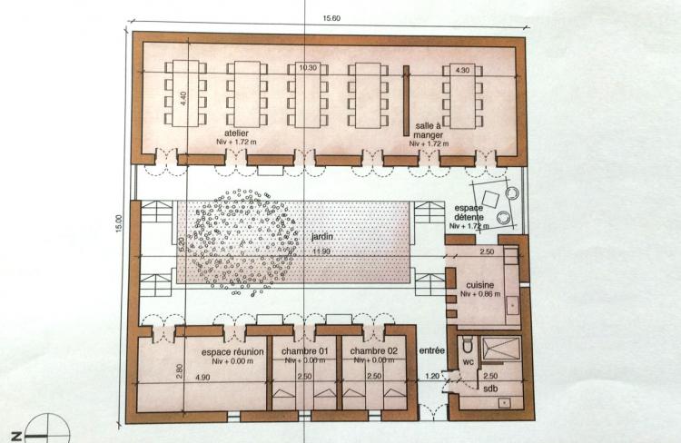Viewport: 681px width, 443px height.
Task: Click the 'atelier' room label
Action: [x=236, y=133]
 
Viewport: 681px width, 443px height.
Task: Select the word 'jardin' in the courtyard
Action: [x=322, y=237]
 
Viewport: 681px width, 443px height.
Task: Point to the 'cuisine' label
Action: [x=480, y=285]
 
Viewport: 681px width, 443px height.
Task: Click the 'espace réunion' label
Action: [x=232, y=352]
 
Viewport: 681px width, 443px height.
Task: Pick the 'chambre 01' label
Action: [x=305, y=351]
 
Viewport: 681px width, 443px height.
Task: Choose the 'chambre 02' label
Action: [x=374, y=351]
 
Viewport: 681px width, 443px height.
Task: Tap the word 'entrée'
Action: [x=431, y=350]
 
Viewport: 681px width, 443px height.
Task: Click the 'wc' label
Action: [x=468, y=362]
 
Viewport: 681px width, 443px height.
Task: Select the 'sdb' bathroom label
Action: [x=490, y=389]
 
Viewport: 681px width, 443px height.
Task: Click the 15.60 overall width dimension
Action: [x=331, y=18]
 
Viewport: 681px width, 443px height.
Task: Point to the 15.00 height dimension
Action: [x=120, y=224]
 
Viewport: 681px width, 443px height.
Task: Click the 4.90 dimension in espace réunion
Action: [x=202, y=378]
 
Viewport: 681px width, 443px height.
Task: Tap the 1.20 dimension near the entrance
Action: [x=431, y=376]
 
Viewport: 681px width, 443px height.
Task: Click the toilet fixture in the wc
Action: [x=468, y=345]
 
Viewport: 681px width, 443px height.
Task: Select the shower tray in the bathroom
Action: [x=501, y=349]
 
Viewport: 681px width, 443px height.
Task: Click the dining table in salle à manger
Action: [x=462, y=96]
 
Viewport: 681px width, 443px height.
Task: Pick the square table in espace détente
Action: [x=490, y=200]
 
